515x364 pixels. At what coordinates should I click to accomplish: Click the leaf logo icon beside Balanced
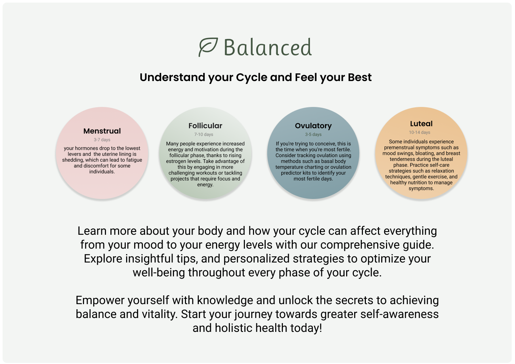(x=208, y=47)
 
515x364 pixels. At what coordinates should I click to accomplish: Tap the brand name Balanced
(x=268, y=48)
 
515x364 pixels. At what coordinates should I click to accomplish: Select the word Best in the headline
(x=360, y=77)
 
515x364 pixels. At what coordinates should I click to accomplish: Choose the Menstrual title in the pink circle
(x=102, y=131)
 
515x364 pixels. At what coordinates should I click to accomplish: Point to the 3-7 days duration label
(x=102, y=140)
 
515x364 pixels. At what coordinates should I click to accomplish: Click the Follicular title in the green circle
(x=205, y=126)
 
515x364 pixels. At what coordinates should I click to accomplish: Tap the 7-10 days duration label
(x=204, y=135)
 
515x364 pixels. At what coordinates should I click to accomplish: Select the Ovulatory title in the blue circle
(x=313, y=126)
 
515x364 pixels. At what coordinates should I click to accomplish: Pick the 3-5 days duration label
(x=313, y=135)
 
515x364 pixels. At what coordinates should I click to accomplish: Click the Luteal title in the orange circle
(x=421, y=124)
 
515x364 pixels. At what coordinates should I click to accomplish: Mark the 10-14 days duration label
(x=420, y=133)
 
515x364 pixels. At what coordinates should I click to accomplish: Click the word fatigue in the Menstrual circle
(x=134, y=160)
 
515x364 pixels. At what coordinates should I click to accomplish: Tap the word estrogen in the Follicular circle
(x=176, y=161)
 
